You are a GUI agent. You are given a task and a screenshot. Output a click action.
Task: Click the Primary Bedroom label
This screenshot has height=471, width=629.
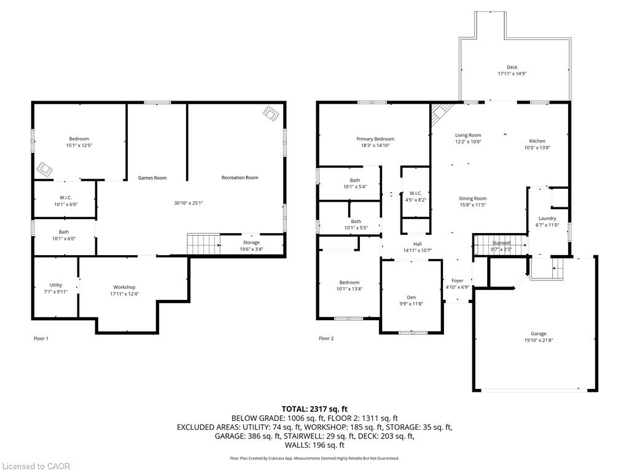click(375, 139)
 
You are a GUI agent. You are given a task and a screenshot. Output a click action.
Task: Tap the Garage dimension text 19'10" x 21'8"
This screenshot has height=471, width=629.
click(539, 340)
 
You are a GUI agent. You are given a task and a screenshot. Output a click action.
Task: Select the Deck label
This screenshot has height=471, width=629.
click(512, 67)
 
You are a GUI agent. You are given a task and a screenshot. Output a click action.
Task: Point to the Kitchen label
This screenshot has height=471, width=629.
click(537, 141)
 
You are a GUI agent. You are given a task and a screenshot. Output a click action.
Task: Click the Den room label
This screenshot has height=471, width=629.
click(411, 297)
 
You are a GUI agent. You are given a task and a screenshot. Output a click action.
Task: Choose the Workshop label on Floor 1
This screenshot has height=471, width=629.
click(124, 287)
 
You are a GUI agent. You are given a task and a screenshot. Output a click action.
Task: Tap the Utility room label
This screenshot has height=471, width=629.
click(56, 285)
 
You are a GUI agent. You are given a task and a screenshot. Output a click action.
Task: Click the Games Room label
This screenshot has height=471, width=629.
click(152, 178)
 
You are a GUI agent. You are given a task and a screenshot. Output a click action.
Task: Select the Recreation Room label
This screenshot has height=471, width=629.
click(240, 178)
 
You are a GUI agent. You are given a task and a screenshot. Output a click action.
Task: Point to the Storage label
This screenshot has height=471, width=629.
click(251, 242)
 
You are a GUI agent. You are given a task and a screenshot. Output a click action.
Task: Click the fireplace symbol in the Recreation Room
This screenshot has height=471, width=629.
click(271, 113)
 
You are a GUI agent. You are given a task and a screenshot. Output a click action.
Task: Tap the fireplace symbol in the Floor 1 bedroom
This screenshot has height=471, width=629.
click(44, 168)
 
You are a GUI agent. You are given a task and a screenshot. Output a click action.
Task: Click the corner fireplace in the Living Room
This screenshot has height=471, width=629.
click(439, 112)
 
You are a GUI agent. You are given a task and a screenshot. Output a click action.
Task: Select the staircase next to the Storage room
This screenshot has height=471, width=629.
click(203, 243)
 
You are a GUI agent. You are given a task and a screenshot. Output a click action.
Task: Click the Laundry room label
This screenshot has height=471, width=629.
click(547, 218)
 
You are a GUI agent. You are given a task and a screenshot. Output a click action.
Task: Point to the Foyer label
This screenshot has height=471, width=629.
click(457, 280)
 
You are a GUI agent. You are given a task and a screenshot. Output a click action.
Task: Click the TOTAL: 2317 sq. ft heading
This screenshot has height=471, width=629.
click(314, 409)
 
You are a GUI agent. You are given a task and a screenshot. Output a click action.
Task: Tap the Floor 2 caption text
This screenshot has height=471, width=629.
click(326, 339)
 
